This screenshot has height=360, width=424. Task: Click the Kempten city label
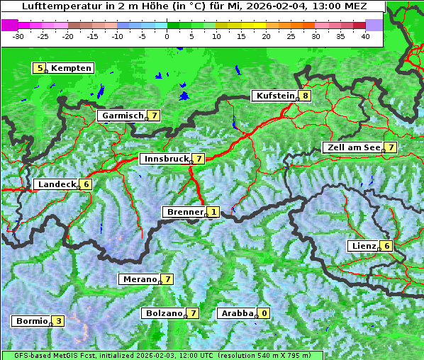pos(72,68)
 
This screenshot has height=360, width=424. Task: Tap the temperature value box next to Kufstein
pos(305,96)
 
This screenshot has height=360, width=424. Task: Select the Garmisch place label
pos(121,116)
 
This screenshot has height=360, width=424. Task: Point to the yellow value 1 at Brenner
pos(213,212)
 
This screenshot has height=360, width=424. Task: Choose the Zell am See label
pos(352,147)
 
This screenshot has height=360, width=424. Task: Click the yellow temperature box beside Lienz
pos(386,246)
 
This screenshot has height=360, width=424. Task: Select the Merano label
pos(138,279)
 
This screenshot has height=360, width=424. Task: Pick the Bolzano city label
pos(163,313)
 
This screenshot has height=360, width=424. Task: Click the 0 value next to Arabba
pos(264,313)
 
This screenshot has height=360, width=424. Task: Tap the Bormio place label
pos(31,321)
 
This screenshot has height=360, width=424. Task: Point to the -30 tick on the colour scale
pos(18,36)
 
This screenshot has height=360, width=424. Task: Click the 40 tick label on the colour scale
pos(364,36)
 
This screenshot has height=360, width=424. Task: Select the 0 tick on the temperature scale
pos(167,36)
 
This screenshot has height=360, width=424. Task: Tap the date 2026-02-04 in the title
pos(284,6)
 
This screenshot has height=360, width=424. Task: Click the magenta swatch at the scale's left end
pos(9,25)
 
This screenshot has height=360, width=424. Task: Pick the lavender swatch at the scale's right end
pos(374,25)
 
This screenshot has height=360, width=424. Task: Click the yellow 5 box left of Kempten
pos(40,68)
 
